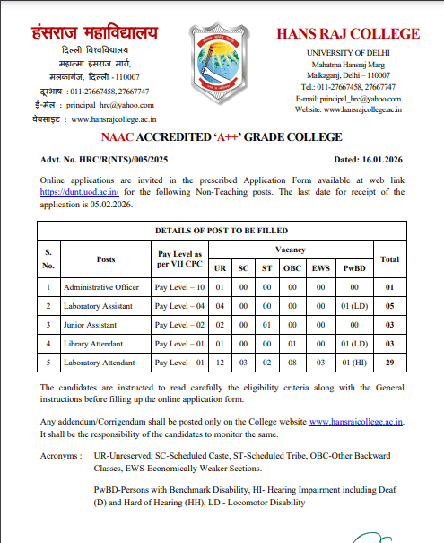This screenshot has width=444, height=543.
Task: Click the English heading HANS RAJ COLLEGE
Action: pyautogui.click(x=347, y=34)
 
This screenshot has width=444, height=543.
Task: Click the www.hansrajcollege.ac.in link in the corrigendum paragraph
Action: pyautogui.click(x=357, y=421)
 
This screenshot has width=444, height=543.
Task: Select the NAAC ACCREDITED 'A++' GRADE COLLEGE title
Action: pyautogui.click(x=222, y=136)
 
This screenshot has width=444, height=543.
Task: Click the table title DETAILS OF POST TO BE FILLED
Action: pyautogui.click(x=222, y=231)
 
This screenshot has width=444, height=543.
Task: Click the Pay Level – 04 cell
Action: pyautogui.click(x=180, y=306)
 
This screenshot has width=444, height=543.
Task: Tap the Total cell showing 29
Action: pyautogui.click(x=389, y=362)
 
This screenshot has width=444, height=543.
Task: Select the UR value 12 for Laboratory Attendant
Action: pyautogui.click(x=221, y=362)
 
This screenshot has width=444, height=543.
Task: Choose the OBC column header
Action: pyautogui.click(x=289, y=268)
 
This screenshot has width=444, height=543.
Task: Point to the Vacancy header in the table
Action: pyautogui.click(x=291, y=249)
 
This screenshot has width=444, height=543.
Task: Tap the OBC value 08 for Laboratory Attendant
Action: pyautogui.click(x=289, y=362)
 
